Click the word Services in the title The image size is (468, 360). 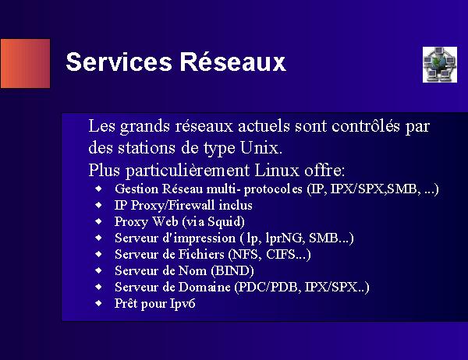pyautogui.click(x=119, y=62)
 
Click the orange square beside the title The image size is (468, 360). pyautogui.click(x=26, y=64)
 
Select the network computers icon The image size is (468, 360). pyautogui.click(x=440, y=65)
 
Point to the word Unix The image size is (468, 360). pyautogui.click(x=261, y=147)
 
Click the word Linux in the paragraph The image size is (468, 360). pyautogui.click(x=277, y=171)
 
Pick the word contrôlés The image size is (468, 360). pyautogui.click(x=366, y=125)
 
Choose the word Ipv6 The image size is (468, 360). pyautogui.click(x=183, y=304)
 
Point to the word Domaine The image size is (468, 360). pyautogui.click(x=204, y=287)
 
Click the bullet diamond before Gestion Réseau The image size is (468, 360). pyautogui.click(x=98, y=189)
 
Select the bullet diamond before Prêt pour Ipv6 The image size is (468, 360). pyautogui.click(x=98, y=303)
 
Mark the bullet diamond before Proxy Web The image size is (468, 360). pyautogui.click(x=98, y=221)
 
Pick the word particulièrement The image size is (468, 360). pyautogui.click(x=187, y=171)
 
